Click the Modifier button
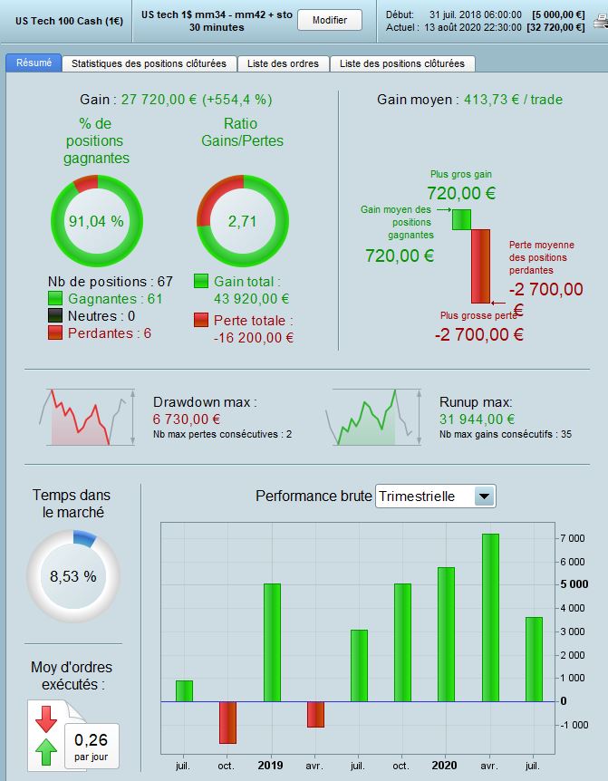tap(329, 20)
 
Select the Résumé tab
tap(34, 63)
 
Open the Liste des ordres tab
tap(284, 63)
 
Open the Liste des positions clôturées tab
tap(402, 63)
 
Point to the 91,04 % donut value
tap(96, 220)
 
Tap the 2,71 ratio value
tap(242, 220)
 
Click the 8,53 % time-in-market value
tap(72, 575)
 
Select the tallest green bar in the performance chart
tap(490, 617)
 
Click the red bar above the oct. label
tap(227, 722)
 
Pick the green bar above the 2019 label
tap(271, 642)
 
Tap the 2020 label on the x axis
tap(445, 766)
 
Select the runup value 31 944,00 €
tap(478, 419)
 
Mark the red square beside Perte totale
tap(202, 320)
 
